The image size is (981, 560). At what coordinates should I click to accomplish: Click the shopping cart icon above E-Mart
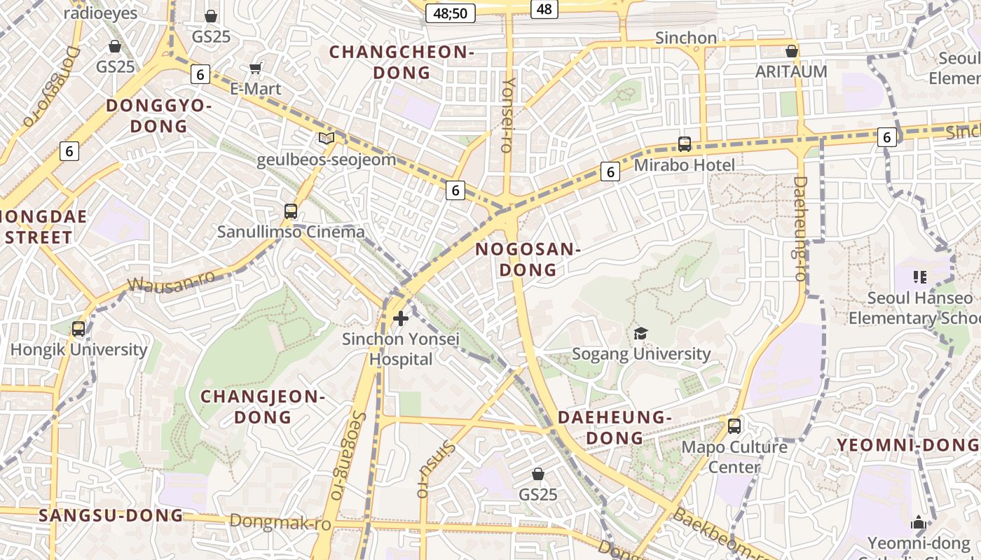pos(256,68)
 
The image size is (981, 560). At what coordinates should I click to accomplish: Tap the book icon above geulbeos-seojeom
pos(327,138)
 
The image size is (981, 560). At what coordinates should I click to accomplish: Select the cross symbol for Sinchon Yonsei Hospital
pos(401,319)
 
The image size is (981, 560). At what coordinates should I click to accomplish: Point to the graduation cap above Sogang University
pos(640,333)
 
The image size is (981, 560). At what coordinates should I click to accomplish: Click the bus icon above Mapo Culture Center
pos(734,426)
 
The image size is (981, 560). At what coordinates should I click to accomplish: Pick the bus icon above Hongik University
pos(78,328)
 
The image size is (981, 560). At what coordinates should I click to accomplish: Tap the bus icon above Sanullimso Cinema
pos(291,211)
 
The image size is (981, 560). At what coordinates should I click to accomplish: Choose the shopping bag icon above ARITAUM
pos(792,51)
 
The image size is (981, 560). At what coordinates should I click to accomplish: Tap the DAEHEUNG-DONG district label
pos(615,428)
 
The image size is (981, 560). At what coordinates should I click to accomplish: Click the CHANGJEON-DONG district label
pos(263,407)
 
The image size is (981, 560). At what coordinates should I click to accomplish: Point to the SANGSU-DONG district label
pos(111,516)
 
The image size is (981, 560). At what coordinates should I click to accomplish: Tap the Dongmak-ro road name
pos(280,522)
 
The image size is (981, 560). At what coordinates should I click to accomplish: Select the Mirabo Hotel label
pos(684,165)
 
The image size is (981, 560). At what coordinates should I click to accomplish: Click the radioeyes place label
pos(101,13)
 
